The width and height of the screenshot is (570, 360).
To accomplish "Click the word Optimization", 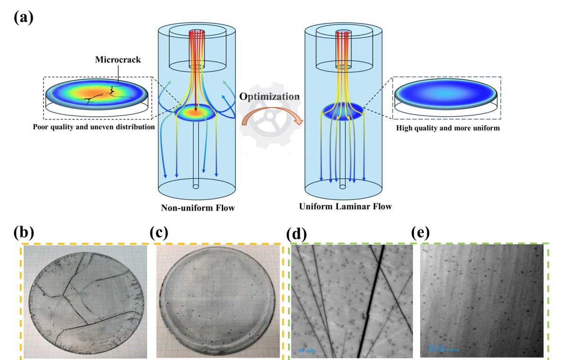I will pyautogui.click(x=269, y=97).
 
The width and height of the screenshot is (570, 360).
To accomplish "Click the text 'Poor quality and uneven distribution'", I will pyautogui.click(x=95, y=127).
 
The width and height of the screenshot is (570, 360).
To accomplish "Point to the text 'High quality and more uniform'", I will pyautogui.click(x=447, y=128).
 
